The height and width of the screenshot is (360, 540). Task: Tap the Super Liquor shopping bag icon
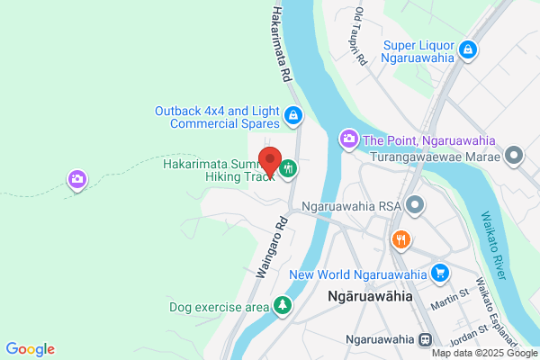[x=467, y=50]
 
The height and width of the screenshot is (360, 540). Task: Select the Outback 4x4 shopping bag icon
[x=292, y=115]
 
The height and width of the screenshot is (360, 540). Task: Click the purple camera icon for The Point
[x=346, y=139]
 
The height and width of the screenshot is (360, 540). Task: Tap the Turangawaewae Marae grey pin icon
[x=515, y=156]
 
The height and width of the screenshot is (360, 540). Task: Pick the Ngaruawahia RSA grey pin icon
[x=415, y=206]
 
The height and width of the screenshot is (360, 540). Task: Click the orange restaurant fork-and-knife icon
[x=401, y=239]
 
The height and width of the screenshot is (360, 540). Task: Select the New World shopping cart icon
[x=440, y=273]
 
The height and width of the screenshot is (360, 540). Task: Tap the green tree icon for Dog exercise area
[x=283, y=307]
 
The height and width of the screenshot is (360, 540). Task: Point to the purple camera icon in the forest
[x=78, y=180]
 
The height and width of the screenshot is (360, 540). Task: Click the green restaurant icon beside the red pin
[x=288, y=168]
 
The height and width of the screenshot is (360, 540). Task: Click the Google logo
[x=30, y=349]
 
